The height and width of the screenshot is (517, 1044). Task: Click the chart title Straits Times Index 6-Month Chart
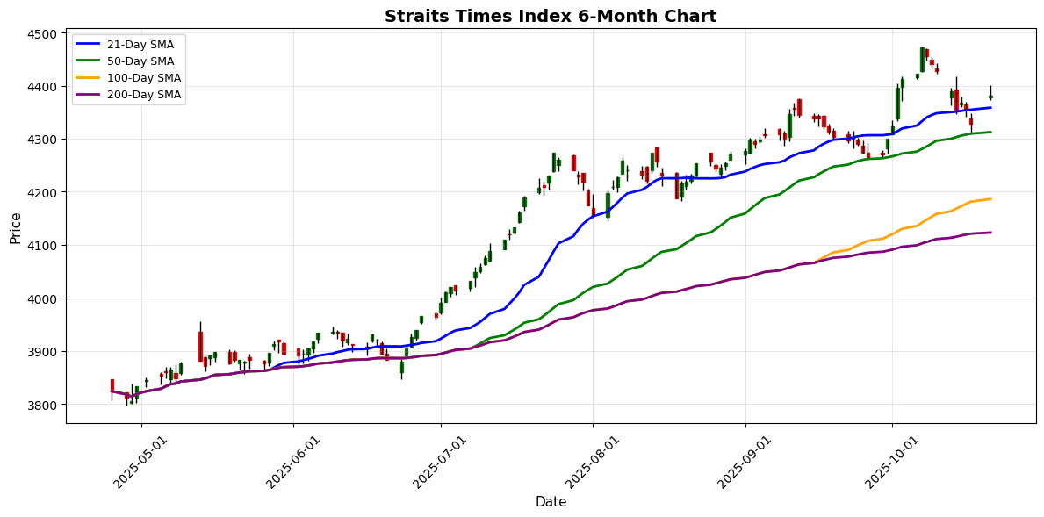pos(550,16)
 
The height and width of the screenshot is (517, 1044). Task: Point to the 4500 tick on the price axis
pos(45,34)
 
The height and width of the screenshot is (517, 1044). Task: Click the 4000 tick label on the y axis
pos(45,299)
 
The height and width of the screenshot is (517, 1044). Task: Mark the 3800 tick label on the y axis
pos(45,406)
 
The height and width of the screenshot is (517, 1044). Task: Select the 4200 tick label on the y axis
pos(45,193)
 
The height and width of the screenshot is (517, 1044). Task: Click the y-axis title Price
pos(15,228)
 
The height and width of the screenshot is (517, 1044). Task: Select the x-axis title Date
pos(551,502)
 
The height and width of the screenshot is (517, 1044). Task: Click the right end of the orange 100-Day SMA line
pos(991,199)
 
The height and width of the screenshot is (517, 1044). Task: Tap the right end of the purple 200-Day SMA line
pos(991,233)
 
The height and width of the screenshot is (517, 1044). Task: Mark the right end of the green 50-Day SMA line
pos(991,133)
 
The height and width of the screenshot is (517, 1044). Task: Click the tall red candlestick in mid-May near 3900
pos(200,346)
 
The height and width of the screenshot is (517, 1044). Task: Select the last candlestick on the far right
pos(990,97)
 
